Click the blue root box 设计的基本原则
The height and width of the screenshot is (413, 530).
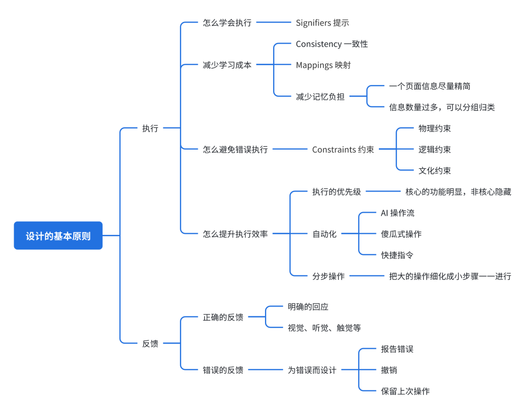[x=58, y=236]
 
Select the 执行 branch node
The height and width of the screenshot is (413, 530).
[x=150, y=129]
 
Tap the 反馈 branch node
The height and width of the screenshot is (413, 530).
[x=150, y=344]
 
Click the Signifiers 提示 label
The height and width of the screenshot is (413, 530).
[x=322, y=23]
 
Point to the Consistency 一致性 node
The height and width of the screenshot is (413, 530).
[x=332, y=44]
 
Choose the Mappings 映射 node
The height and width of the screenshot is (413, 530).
[x=323, y=65]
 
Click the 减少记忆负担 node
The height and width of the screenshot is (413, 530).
[x=320, y=97]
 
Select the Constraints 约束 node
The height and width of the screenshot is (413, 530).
[x=343, y=150]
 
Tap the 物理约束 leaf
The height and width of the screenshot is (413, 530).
[x=434, y=129]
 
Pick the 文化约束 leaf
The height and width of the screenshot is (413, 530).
[x=434, y=171]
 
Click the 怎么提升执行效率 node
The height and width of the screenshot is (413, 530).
[x=236, y=234]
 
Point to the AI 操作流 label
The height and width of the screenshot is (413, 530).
[x=397, y=213]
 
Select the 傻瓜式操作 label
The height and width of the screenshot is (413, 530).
[x=401, y=234]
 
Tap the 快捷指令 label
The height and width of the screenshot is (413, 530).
[x=397, y=255]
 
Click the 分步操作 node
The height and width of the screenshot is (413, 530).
[x=328, y=276]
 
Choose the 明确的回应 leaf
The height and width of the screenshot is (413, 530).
[x=308, y=307]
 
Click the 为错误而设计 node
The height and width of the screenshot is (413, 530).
[x=312, y=370]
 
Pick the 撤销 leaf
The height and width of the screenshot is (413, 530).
[x=389, y=370]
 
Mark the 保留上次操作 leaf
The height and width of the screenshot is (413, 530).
[x=405, y=391]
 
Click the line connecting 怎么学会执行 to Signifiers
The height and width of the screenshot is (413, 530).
[x=274, y=23]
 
